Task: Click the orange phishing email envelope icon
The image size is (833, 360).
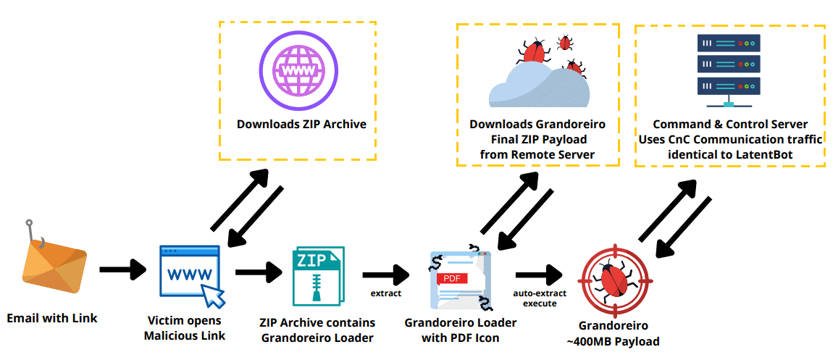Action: [55, 268]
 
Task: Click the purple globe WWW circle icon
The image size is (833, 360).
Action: [297, 70]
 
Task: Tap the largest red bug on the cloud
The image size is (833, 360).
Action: [535, 52]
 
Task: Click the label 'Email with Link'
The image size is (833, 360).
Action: [52, 318]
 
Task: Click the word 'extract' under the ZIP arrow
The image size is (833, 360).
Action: [385, 293]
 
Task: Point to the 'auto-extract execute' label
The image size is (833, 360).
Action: [539, 298]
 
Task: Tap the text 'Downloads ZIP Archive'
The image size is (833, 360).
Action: [301, 125]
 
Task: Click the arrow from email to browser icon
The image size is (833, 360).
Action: [122, 269]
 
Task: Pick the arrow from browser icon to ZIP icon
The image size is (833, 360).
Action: [259, 272]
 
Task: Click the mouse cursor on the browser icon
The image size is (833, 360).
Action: [214, 295]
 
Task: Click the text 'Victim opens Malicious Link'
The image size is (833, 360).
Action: [184, 328]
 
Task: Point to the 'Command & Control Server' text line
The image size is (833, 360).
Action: [730, 125]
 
